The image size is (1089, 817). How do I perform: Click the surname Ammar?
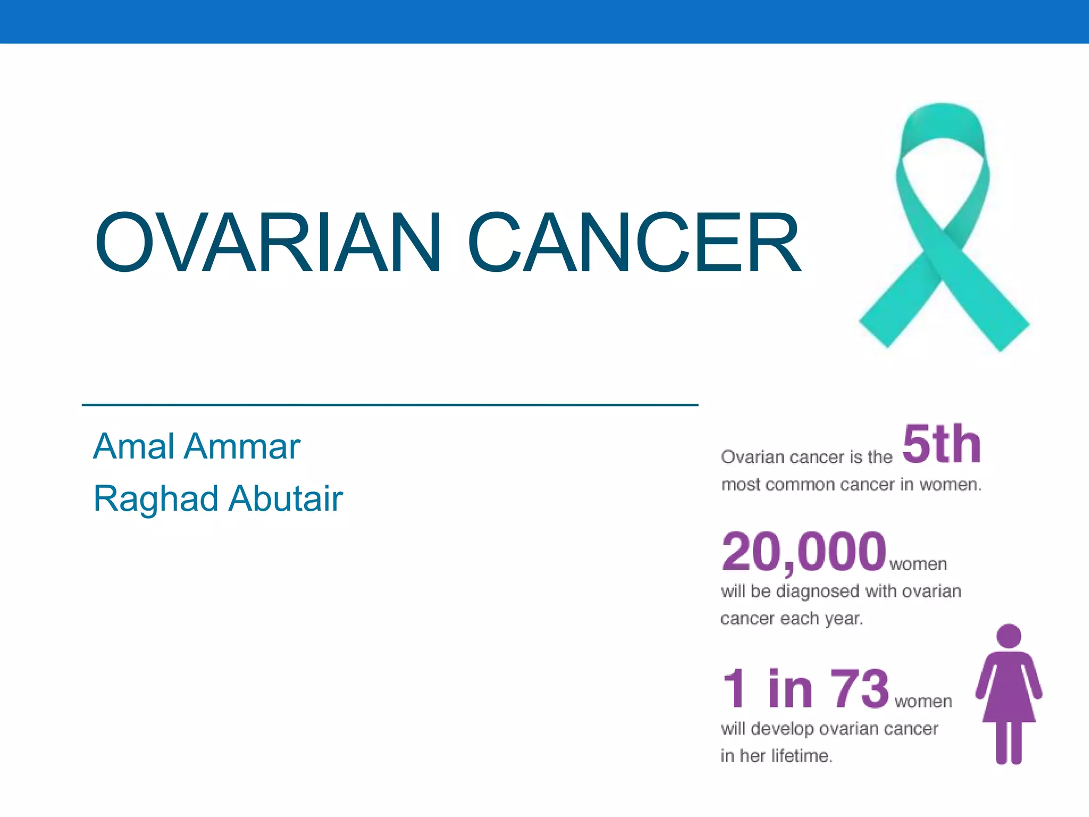click(x=242, y=446)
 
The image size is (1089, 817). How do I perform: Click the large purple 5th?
click(x=941, y=444)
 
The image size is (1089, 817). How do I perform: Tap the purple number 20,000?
click(x=803, y=552)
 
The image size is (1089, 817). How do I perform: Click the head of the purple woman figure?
click(x=1009, y=636)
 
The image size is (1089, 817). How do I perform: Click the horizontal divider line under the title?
click(x=390, y=405)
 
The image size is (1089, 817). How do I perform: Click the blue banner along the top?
click(x=544, y=21)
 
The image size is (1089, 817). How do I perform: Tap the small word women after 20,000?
click(x=918, y=564)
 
